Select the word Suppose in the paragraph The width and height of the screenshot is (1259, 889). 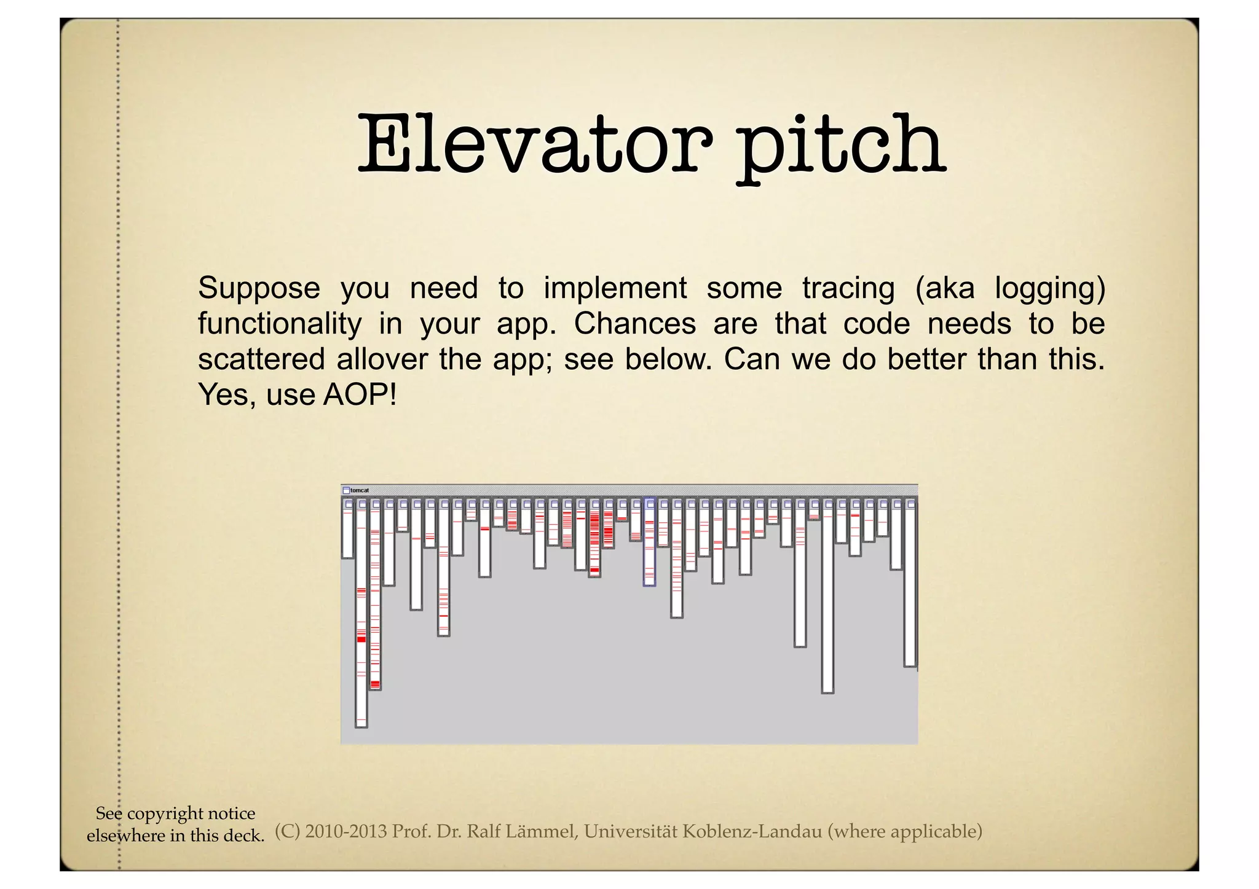(x=259, y=288)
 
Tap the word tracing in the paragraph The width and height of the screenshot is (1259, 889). (x=848, y=288)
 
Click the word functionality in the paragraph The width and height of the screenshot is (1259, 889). (x=280, y=324)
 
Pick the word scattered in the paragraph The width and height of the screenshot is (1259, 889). (x=261, y=359)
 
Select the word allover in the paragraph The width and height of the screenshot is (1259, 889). (x=381, y=359)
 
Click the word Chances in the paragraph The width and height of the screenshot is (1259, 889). (x=634, y=324)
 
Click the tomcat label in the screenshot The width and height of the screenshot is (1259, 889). (x=360, y=490)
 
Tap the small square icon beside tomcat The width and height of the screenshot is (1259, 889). (x=346, y=490)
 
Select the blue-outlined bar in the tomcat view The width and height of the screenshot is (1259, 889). (x=649, y=544)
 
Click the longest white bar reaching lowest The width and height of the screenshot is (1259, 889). (x=361, y=614)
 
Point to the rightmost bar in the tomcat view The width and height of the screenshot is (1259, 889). (x=910, y=584)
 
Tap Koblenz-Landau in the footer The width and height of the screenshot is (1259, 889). (x=752, y=831)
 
